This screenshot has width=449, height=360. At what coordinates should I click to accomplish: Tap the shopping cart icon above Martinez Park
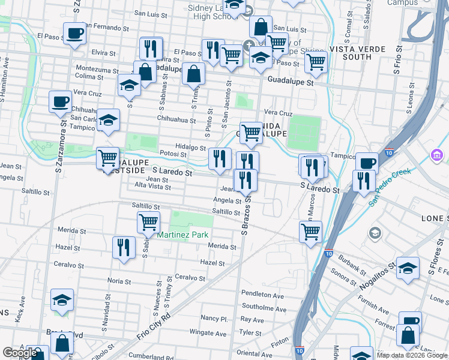148,222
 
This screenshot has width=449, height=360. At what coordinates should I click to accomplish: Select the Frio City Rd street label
154,325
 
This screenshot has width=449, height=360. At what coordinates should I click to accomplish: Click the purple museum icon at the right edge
437,157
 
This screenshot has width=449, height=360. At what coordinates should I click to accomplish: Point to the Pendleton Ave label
262,295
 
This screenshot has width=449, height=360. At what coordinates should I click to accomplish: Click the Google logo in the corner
20,353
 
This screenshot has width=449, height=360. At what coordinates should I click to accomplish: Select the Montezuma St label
97,70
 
